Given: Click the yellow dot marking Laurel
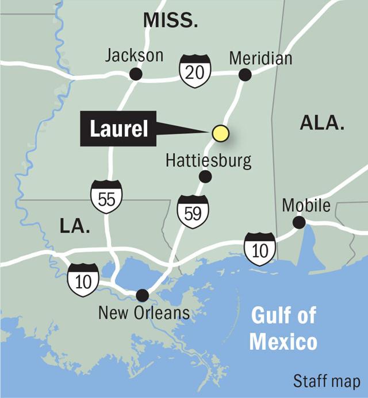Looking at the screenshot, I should click(x=221, y=133).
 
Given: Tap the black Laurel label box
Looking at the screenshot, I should click(x=118, y=129).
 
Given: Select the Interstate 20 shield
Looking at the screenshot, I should click(x=195, y=69).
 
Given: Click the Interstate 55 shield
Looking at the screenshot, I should click(x=106, y=196).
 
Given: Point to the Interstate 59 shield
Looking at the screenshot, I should click(x=193, y=211).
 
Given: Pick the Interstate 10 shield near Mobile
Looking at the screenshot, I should click(x=260, y=249).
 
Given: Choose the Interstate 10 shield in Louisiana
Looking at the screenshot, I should click(x=83, y=280).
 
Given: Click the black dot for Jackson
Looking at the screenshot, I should click(x=136, y=74).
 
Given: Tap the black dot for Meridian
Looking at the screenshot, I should click(x=245, y=74).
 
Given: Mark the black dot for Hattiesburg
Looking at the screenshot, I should click(x=205, y=176).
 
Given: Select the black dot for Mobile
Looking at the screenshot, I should click(x=299, y=222).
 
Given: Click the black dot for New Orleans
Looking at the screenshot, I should click(x=142, y=295).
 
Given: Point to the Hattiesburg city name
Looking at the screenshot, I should click(x=209, y=160).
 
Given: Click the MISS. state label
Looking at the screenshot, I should click(x=170, y=22).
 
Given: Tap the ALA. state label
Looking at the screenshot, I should click(x=321, y=123).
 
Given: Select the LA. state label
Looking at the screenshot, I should click(x=75, y=226).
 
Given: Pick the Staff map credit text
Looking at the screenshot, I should click(x=327, y=381).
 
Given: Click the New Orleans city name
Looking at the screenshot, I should click(x=143, y=313).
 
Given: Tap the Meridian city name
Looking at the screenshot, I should click(x=260, y=58).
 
